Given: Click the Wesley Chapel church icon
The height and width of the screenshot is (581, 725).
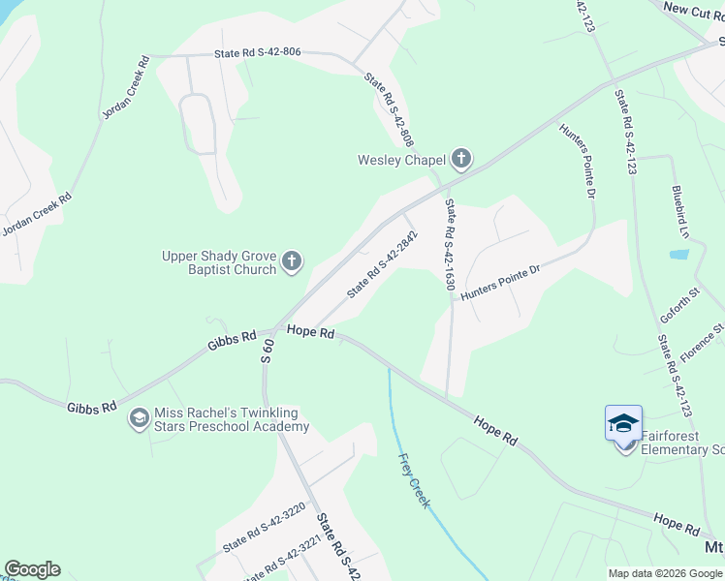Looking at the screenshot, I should [x=460, y=160].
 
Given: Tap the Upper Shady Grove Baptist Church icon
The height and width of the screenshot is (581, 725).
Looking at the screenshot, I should [x=292, y=261].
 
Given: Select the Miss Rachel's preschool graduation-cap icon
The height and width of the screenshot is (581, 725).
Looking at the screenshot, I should [x=139, y=418].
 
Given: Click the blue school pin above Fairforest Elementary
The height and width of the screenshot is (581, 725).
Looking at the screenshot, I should [x=623, y=423].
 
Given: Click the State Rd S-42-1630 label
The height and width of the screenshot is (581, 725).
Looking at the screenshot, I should [x=450, y=246].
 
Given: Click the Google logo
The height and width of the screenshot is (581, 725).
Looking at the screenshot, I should [x=32, y=569].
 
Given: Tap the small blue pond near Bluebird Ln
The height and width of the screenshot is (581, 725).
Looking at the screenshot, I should [x=679, y=255].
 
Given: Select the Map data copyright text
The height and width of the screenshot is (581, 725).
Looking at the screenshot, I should [x=665, y=573].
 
